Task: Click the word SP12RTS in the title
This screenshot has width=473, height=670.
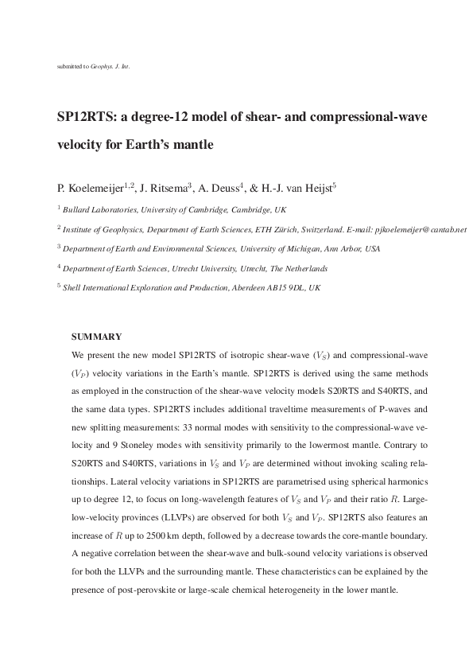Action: [83, 118]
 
